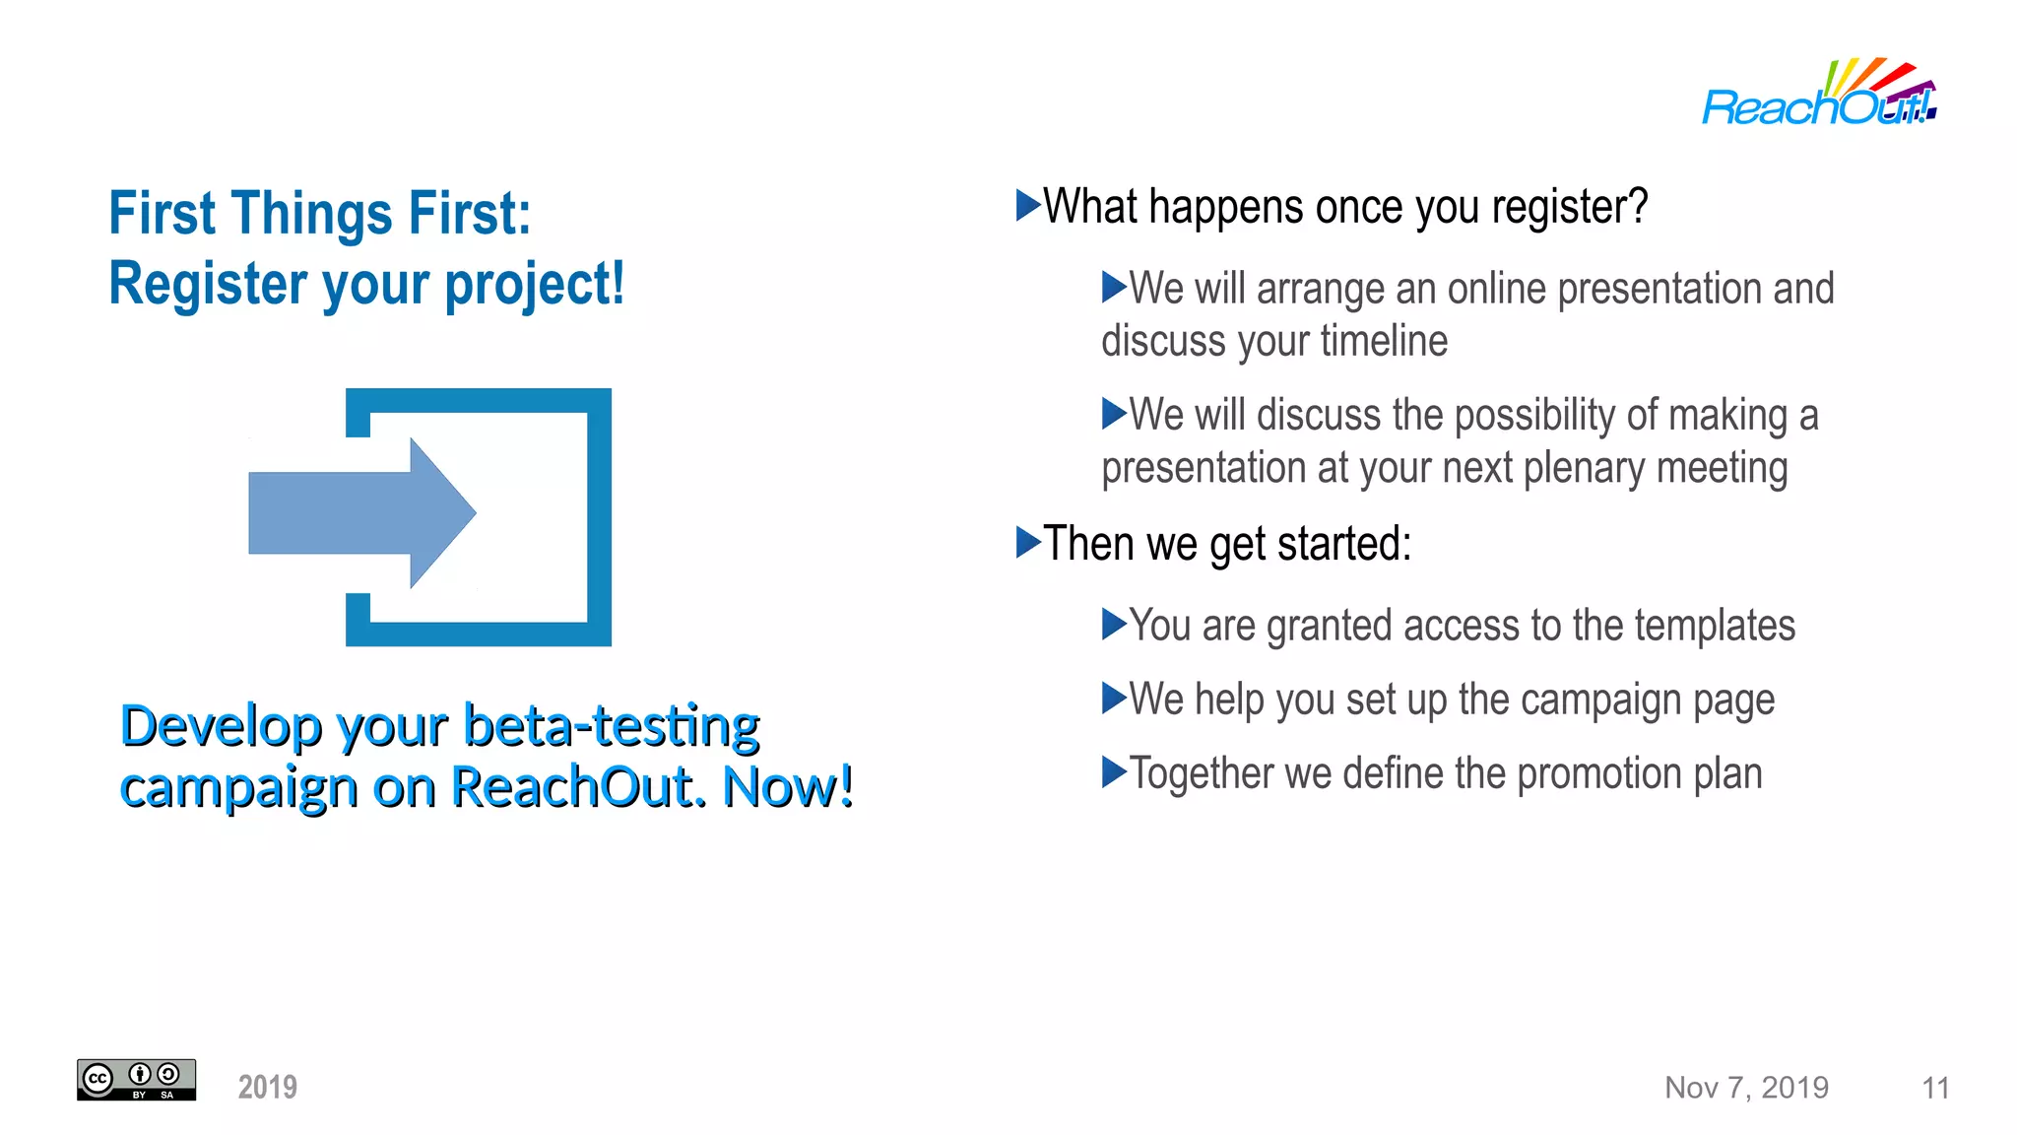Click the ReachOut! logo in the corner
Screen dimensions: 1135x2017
click(x=1818, y=95)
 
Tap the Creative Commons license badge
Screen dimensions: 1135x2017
click(x=136, y=1080)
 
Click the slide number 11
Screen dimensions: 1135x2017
click(x=1935, y=1088)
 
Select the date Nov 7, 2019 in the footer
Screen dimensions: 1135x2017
click(x=1746, y=1088)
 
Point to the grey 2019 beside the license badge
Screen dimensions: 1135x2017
click(x=267, y=1088)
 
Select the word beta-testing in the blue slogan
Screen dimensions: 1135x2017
click(x=612, y=726)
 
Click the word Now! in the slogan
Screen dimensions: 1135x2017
click(x=788, y=787)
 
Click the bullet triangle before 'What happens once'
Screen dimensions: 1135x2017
click(x=1027, y=206)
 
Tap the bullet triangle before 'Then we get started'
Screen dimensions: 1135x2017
click(x=1027, y=542)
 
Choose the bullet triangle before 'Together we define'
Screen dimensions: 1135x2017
click(x=1113, y=772)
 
